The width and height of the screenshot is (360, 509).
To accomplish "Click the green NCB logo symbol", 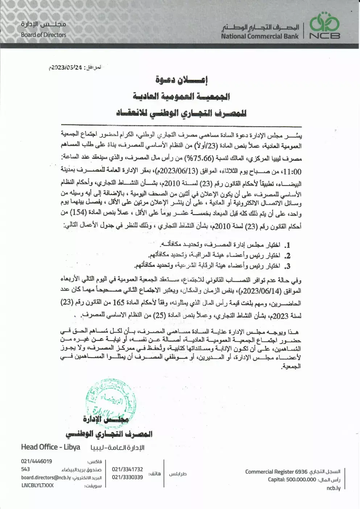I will [324, 22].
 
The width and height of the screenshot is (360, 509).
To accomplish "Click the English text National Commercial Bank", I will [260, 36].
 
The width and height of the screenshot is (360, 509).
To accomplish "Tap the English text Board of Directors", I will [44, 35].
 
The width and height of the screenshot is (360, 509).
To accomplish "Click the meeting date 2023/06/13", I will [171, 171].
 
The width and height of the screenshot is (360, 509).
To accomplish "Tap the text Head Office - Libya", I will [51, 447].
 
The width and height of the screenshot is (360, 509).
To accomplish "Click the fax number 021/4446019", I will [36, 461].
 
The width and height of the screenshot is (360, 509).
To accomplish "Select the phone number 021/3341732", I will [127, 469].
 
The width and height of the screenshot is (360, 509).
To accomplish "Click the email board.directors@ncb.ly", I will [46, 477].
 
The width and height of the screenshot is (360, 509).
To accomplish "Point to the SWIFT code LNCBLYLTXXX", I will [37, 485].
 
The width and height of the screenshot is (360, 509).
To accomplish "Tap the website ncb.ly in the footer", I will [333, 488].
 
